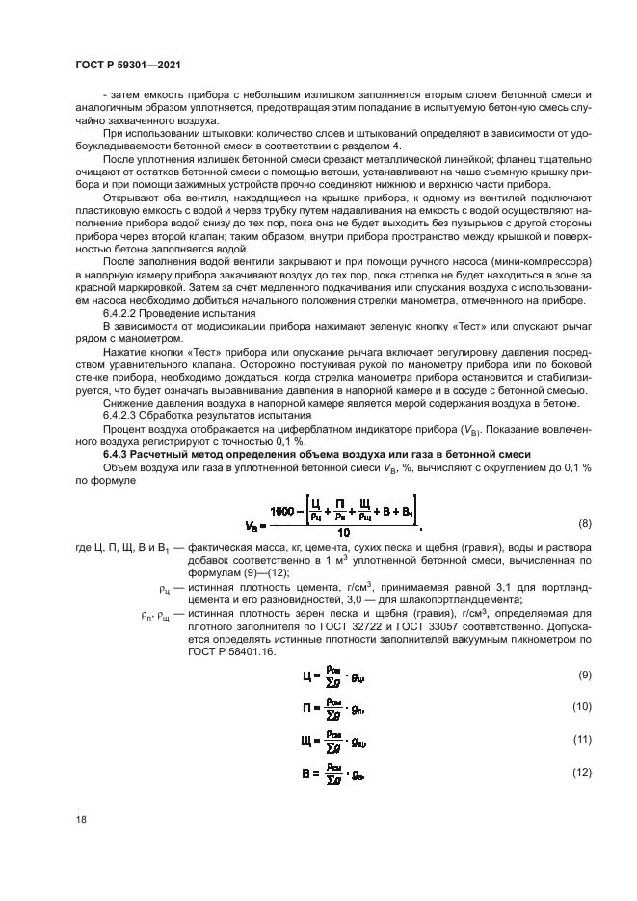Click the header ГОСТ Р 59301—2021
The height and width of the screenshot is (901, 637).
click(x=130, y=64)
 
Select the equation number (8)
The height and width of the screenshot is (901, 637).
click(x=582, y=523)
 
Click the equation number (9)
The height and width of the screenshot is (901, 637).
click(x=582, y=676)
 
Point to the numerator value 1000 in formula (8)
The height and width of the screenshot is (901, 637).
click(x=284, y=511)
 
